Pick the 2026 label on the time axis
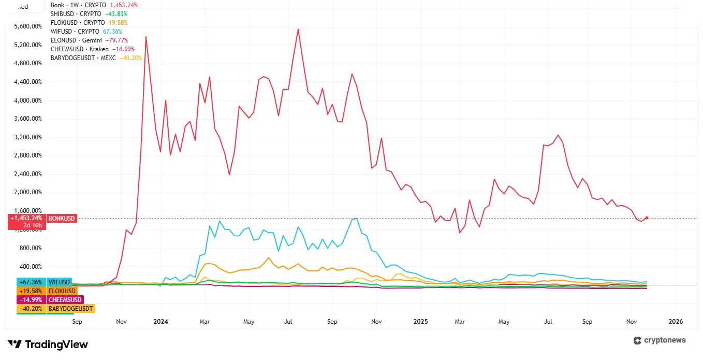675,322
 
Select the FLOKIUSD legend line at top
89,23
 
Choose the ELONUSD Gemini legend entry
89,40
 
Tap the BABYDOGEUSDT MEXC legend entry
96,58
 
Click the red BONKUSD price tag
62,219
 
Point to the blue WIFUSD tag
58,282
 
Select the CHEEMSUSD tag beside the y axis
64,300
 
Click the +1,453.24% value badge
26,219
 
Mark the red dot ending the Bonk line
647,218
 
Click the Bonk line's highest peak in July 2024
298,29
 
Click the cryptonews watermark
660,340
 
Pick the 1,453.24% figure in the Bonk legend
124,5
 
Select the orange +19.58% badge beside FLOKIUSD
31,291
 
